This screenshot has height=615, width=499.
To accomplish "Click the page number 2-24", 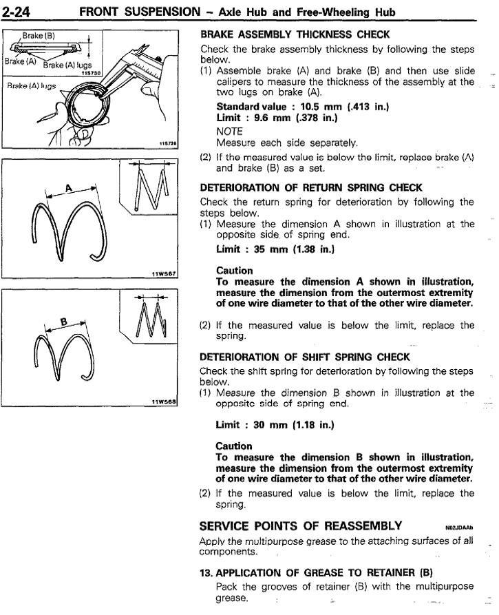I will pyautogui.click(x=21, y=11).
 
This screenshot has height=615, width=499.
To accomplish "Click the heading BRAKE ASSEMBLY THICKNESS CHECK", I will pyautogui.click(x=295, y=34).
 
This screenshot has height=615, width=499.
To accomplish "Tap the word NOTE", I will pyautogui.click(x=229, y=130).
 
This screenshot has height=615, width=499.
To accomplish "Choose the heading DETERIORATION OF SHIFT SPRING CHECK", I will pyautogui.click(x=305, y=357).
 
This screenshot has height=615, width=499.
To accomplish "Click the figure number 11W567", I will pyautogui.click(x=164, y=273).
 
